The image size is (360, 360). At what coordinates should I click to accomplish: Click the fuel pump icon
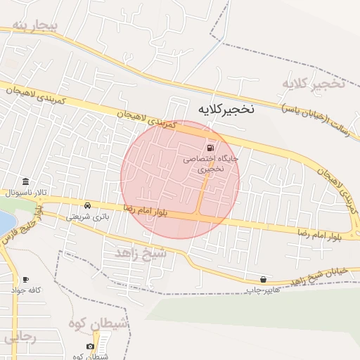click(x=211, y=148)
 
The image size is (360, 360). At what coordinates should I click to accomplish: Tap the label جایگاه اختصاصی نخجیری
click(x=211, y=164)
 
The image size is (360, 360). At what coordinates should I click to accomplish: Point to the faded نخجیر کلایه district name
click(x=314, y=84)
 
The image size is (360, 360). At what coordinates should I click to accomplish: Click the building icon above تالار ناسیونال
click(x=26, y=181)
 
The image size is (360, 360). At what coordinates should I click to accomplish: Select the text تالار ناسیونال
click(x=26, y=192)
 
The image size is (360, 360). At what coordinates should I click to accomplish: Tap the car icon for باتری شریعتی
click(x=87, y=206)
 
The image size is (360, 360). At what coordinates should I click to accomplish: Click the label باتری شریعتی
click(x=88, y=217)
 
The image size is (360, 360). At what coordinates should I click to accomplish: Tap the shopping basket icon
click(x=263, y=279)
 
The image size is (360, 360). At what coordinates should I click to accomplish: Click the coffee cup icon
click(x=26, y=279)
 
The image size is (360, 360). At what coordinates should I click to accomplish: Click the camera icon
click(x=90, y=347)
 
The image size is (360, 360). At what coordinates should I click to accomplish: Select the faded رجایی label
click(x=20, y=337)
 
